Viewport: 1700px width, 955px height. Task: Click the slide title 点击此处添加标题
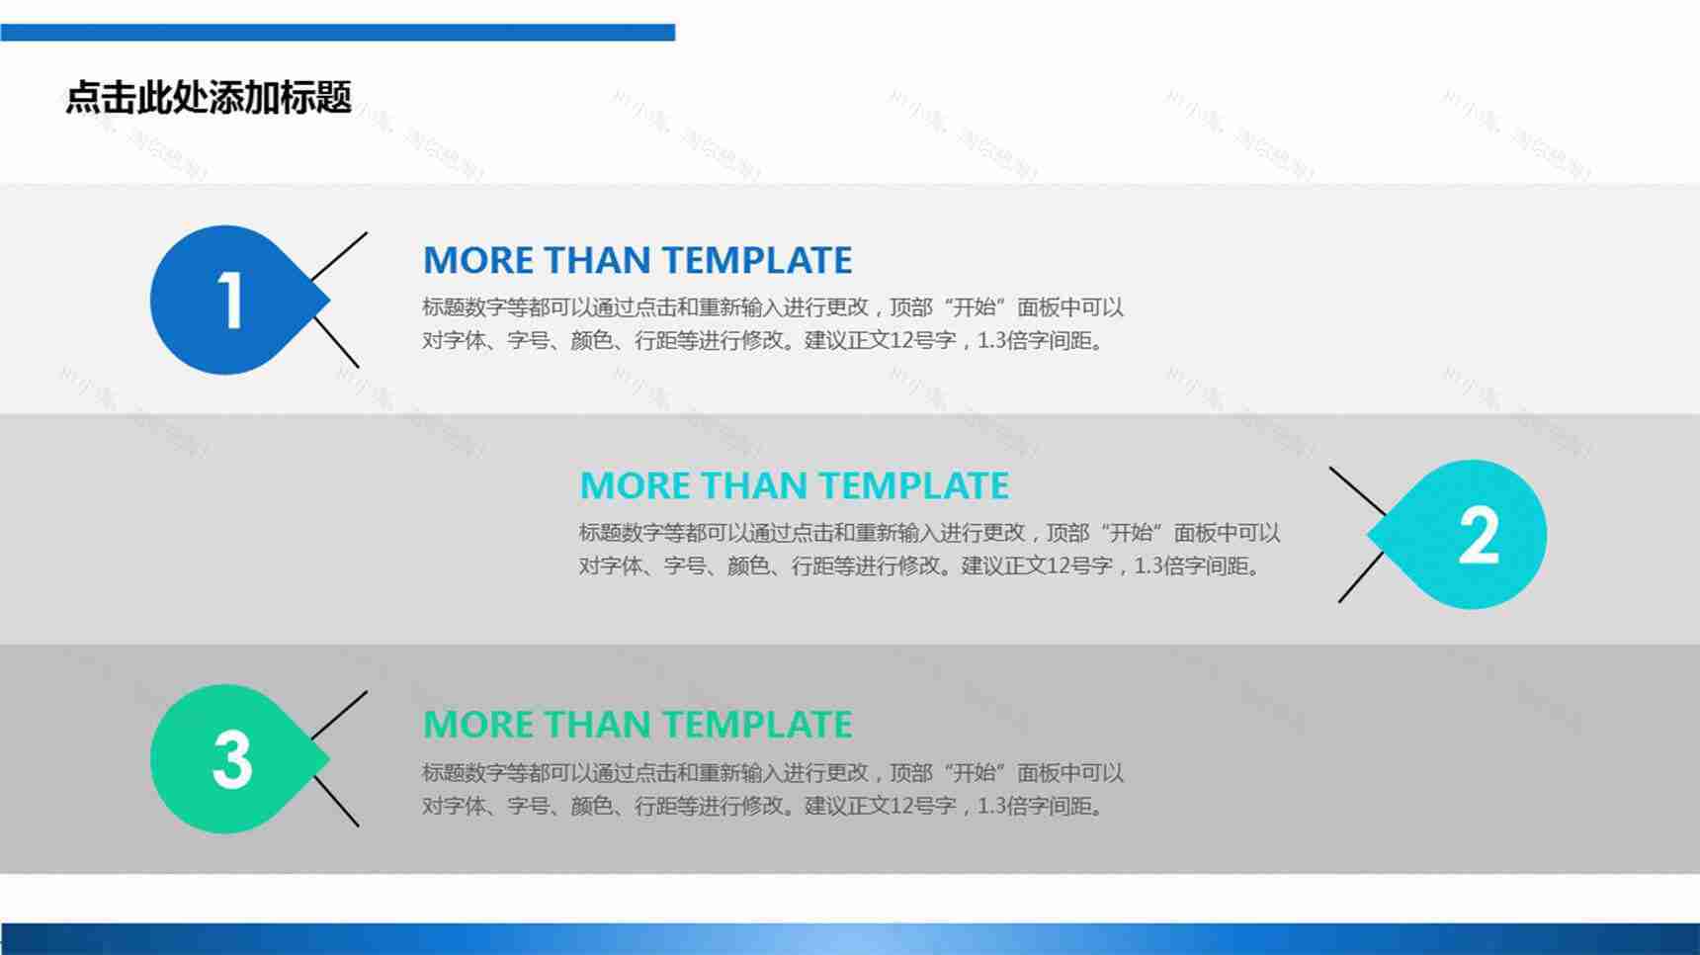tap(209, 97)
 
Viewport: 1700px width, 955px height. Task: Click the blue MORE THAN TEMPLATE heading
tap(637, 261)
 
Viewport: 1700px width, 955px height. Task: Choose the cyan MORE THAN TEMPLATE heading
tap(794, 486)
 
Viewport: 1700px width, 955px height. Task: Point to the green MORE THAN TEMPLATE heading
tap(637, 725)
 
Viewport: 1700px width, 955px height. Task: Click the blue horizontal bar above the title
tap(337, 33)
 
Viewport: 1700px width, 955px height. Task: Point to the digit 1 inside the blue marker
tap(230, 301)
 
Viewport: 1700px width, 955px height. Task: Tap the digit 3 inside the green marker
tap(232, 760)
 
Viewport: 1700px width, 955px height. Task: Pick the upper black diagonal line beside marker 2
tap(1357, 490)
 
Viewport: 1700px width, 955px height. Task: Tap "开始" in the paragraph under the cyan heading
tap(1130, 533)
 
